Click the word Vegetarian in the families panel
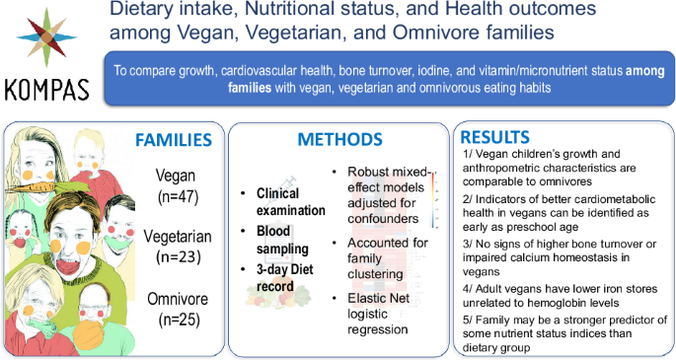175,237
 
